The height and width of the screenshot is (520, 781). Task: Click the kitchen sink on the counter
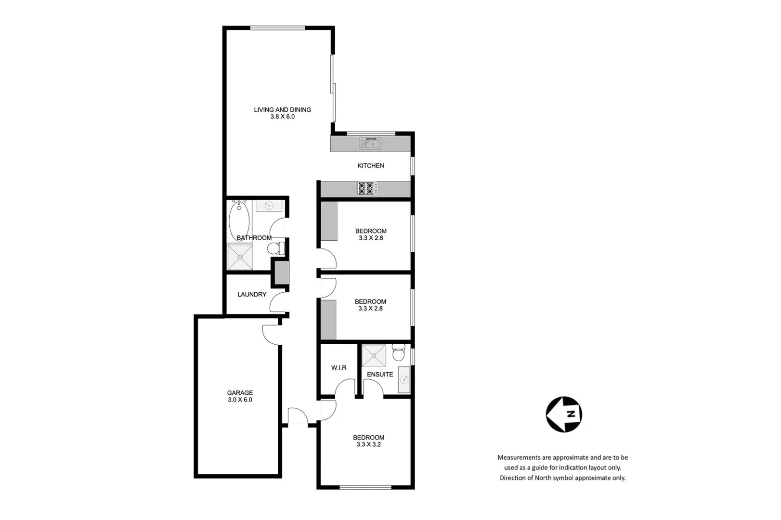pos(370,143)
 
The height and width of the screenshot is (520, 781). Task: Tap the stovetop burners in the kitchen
pos(366,188)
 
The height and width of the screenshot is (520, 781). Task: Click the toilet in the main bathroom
pos(276,249)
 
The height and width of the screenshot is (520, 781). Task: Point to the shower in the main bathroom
pos(240,257)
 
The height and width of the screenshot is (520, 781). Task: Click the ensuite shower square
pos(374,355)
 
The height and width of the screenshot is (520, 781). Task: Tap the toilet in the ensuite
pos(398,353)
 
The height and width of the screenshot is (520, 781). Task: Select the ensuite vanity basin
pos(404,379)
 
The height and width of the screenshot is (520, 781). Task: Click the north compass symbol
pos(564,414)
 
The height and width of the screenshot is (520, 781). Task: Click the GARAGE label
pos(240,393)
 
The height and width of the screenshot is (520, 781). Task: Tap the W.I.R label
pos(338,368)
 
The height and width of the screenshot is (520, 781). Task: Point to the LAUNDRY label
pos(251,295)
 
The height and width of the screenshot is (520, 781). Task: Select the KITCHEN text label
pos(370,166)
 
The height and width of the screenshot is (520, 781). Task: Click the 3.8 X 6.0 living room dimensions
pos(282,117)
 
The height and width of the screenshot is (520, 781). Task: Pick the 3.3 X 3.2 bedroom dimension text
pos(368,444)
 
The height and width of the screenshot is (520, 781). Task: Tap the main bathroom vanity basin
pos(269,206)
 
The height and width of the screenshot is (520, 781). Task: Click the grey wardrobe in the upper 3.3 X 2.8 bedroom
pos(329,221)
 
